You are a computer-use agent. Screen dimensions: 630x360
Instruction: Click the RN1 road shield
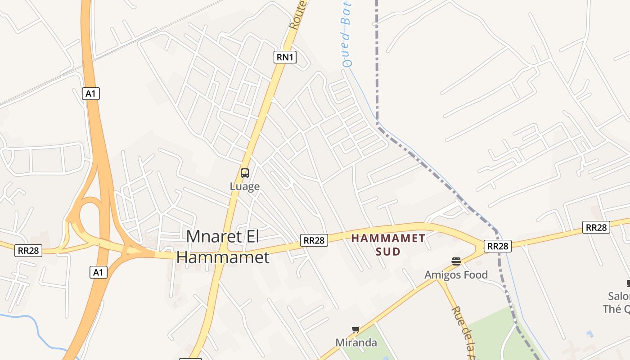click(285, 57)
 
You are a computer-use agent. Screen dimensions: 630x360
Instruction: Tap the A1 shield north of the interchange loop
click(91, 94)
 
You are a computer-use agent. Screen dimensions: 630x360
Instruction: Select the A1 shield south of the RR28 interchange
click(98, 272)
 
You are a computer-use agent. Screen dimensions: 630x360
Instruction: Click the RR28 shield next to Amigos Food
click(497, 246)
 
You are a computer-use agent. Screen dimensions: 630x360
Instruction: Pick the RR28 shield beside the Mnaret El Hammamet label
click(314, 240)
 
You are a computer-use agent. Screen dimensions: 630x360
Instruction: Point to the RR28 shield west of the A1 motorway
click(28, 250)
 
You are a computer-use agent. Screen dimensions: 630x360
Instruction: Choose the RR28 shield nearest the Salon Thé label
click(596, 227)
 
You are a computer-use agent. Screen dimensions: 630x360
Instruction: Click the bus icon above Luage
click(245, 173)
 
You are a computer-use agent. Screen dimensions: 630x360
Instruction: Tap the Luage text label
click(245, 186)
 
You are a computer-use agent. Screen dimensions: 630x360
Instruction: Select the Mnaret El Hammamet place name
click(223, 247)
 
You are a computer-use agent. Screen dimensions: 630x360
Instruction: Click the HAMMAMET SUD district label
click(388, 244)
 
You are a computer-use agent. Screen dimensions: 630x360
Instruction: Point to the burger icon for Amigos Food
click(456, 261)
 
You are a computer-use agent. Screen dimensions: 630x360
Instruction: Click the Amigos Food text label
click(456, 274)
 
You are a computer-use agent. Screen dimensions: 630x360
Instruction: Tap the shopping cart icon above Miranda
click(356, 330)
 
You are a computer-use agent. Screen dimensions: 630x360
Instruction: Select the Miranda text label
click(356, 342)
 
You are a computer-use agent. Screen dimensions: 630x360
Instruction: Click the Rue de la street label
click(464, 333)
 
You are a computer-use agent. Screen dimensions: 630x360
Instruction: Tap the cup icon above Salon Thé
click(628, 283)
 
